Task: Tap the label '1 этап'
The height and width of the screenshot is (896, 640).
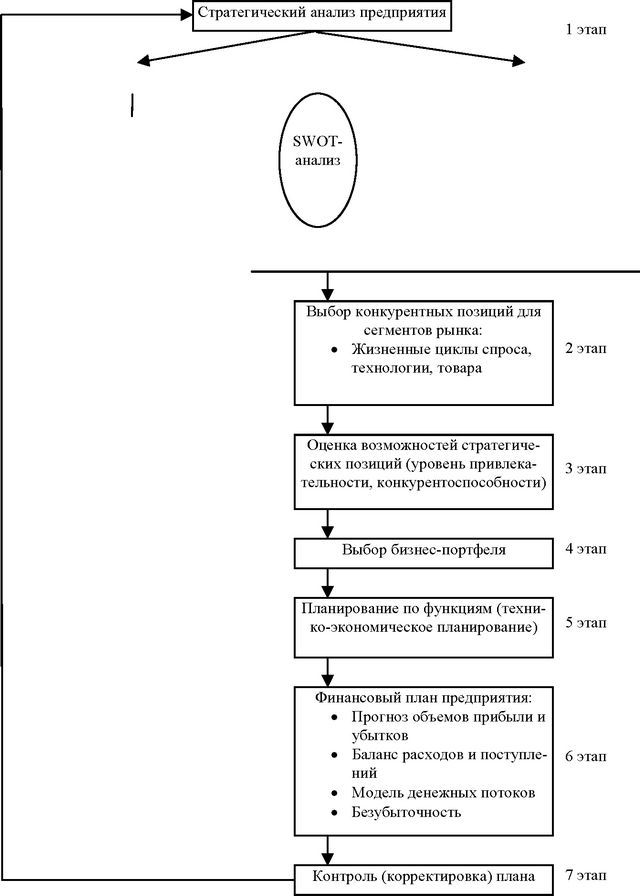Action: [586, 29]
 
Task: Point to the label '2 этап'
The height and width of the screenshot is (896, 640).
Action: [586, 348]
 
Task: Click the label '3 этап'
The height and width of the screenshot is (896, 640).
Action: [586, 469]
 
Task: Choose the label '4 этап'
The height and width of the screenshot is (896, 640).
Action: [586, 549]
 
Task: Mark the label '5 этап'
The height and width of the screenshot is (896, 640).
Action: [586, 622]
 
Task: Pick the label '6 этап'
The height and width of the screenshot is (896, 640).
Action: [586, 756]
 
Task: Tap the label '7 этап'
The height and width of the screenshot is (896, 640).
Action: [586, 875]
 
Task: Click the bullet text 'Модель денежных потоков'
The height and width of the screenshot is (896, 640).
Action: [443, 793]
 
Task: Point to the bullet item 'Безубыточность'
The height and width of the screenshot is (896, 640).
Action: [406, 812]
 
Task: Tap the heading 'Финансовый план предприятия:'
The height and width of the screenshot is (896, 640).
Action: [423, 698]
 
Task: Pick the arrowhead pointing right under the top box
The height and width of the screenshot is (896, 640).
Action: [518, 61]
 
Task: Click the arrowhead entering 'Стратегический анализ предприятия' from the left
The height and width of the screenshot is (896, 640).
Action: [186, 15]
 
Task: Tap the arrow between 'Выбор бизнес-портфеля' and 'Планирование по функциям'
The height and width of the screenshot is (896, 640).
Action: [327, 583]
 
